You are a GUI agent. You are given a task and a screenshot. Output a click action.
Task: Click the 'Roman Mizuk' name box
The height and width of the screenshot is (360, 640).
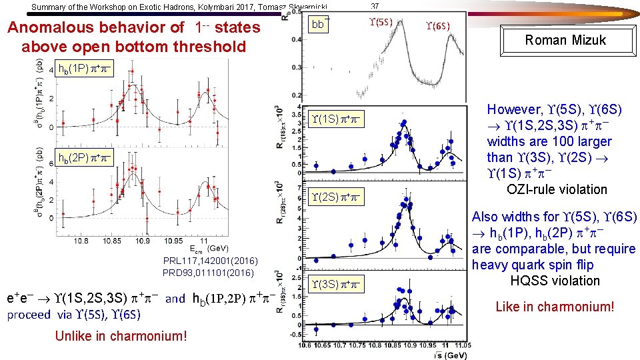[565, 40]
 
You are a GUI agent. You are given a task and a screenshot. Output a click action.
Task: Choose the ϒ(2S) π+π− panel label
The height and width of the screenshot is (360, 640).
[336, 197]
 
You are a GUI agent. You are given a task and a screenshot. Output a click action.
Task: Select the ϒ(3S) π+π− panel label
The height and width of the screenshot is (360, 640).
[336, 284]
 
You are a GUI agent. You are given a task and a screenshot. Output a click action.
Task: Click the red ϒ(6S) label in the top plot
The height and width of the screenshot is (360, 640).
[437, 26]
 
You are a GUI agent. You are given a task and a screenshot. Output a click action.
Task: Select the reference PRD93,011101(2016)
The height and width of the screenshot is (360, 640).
[208, 273]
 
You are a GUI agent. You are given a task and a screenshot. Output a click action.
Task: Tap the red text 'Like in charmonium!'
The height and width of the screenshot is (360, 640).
[554, 307]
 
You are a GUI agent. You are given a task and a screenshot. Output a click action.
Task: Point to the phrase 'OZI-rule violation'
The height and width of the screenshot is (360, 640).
[557, 189]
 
